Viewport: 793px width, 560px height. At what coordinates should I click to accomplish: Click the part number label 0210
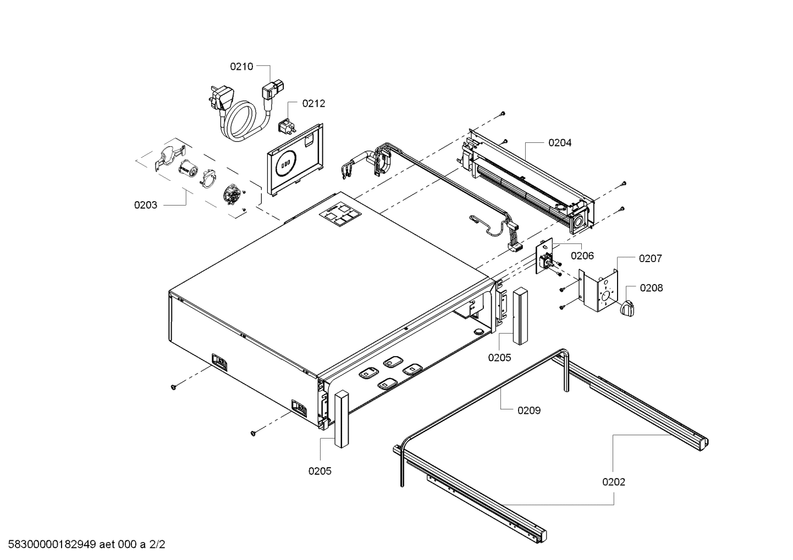click(x=241, y=66)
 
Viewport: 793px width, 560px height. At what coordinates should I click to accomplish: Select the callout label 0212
click(x=313, y=103)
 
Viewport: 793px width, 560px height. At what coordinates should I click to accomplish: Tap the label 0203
click(x=145, y=205)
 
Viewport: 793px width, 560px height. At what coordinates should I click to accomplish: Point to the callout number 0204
click(x=559, y=142)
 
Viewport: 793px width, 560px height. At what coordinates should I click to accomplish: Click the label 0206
click(x=582, y=256)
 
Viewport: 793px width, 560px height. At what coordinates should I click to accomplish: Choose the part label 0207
click(x=650, y=258)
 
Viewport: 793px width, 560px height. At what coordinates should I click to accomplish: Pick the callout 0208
click(x=651, y=288)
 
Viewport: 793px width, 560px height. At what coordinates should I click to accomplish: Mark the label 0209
click(x=528, y=410)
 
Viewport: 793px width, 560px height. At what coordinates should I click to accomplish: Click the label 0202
click(x=613, y=482)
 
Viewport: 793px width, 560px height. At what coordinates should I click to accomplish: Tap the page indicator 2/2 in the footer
click(x=157, y=545)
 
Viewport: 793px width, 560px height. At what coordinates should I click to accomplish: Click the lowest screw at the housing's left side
click(x=254, y=434)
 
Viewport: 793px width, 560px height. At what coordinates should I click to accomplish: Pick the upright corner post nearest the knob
click(x=520, y=316)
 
